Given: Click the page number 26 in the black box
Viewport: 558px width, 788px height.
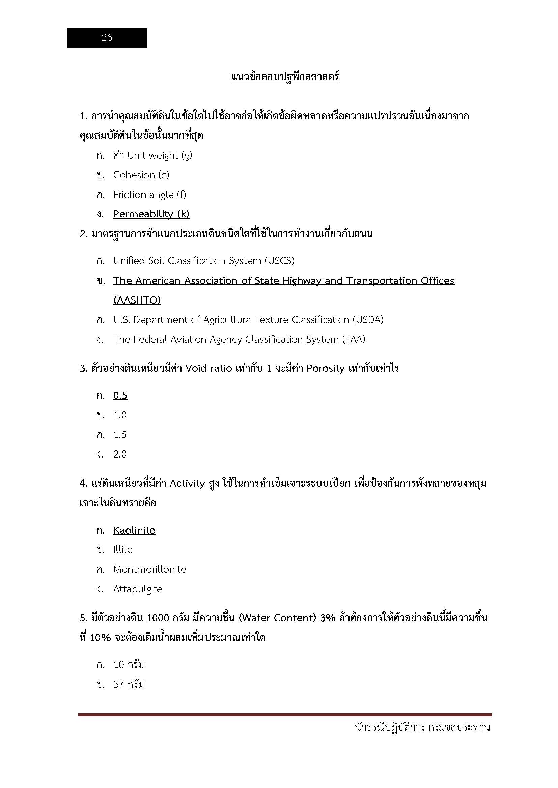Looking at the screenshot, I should [107, 37].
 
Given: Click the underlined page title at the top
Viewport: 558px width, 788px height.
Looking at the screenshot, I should [285, 76].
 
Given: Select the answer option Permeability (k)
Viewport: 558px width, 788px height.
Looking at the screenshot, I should [151, 214].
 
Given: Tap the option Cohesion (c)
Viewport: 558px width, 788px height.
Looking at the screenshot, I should [141, 175].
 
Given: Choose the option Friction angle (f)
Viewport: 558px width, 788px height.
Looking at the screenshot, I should [149, 195].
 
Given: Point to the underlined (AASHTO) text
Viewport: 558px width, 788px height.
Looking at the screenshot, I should [137, 300].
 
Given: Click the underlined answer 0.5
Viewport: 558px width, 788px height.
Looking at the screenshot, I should [120, 396].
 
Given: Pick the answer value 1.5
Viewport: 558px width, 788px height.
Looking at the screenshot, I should [120, 435].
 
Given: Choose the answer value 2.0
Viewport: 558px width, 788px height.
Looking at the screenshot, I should [120, 454].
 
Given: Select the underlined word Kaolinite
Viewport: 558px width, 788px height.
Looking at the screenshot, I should [134, 530].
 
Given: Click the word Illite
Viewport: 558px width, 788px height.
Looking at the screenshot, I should [123, 549].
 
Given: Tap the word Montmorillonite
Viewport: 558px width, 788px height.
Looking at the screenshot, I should [149, 569].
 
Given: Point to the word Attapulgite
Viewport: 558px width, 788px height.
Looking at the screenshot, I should [137, 589].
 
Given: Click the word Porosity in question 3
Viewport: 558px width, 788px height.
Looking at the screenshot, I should [325, 368].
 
